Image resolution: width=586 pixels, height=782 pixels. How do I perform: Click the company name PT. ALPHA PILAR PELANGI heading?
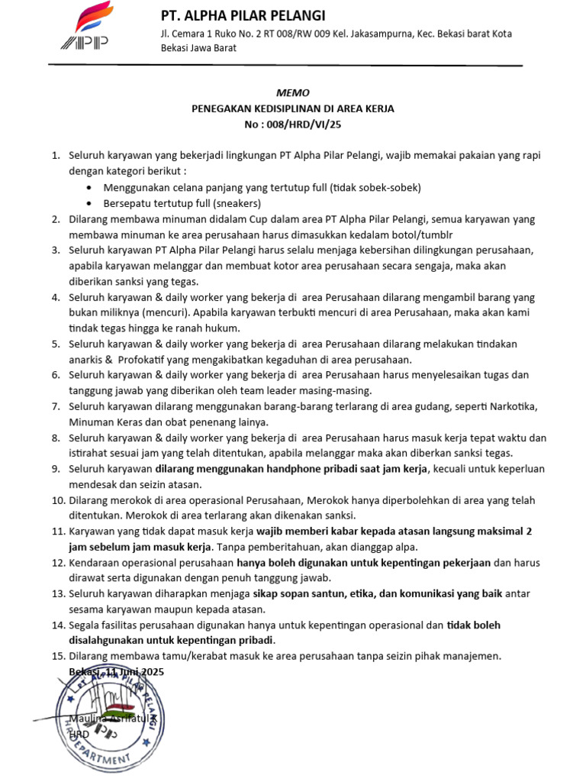243,15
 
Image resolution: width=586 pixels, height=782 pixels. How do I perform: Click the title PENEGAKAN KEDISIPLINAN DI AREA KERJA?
292,108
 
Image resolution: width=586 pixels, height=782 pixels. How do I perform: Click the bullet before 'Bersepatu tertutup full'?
92,203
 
